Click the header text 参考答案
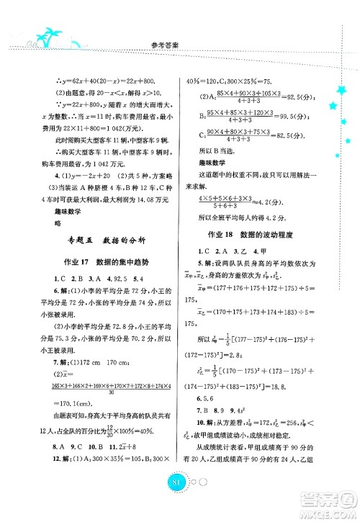tap(179, 42)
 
